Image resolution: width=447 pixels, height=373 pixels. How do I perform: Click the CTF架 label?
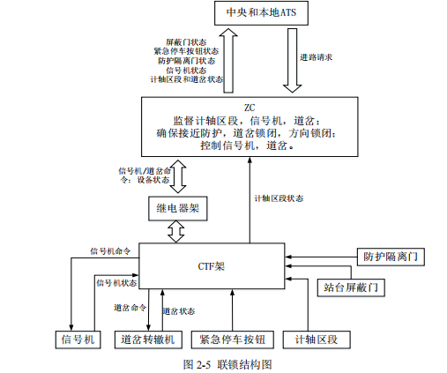213,265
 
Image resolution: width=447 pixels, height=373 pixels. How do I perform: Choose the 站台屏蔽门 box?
352,287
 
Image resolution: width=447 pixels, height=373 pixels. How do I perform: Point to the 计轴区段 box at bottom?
317,339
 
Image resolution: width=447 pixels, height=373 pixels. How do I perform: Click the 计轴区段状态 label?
278,198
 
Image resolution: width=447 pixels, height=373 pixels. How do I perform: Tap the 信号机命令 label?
110,250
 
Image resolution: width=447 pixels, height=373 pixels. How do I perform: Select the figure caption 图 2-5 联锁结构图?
226,363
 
